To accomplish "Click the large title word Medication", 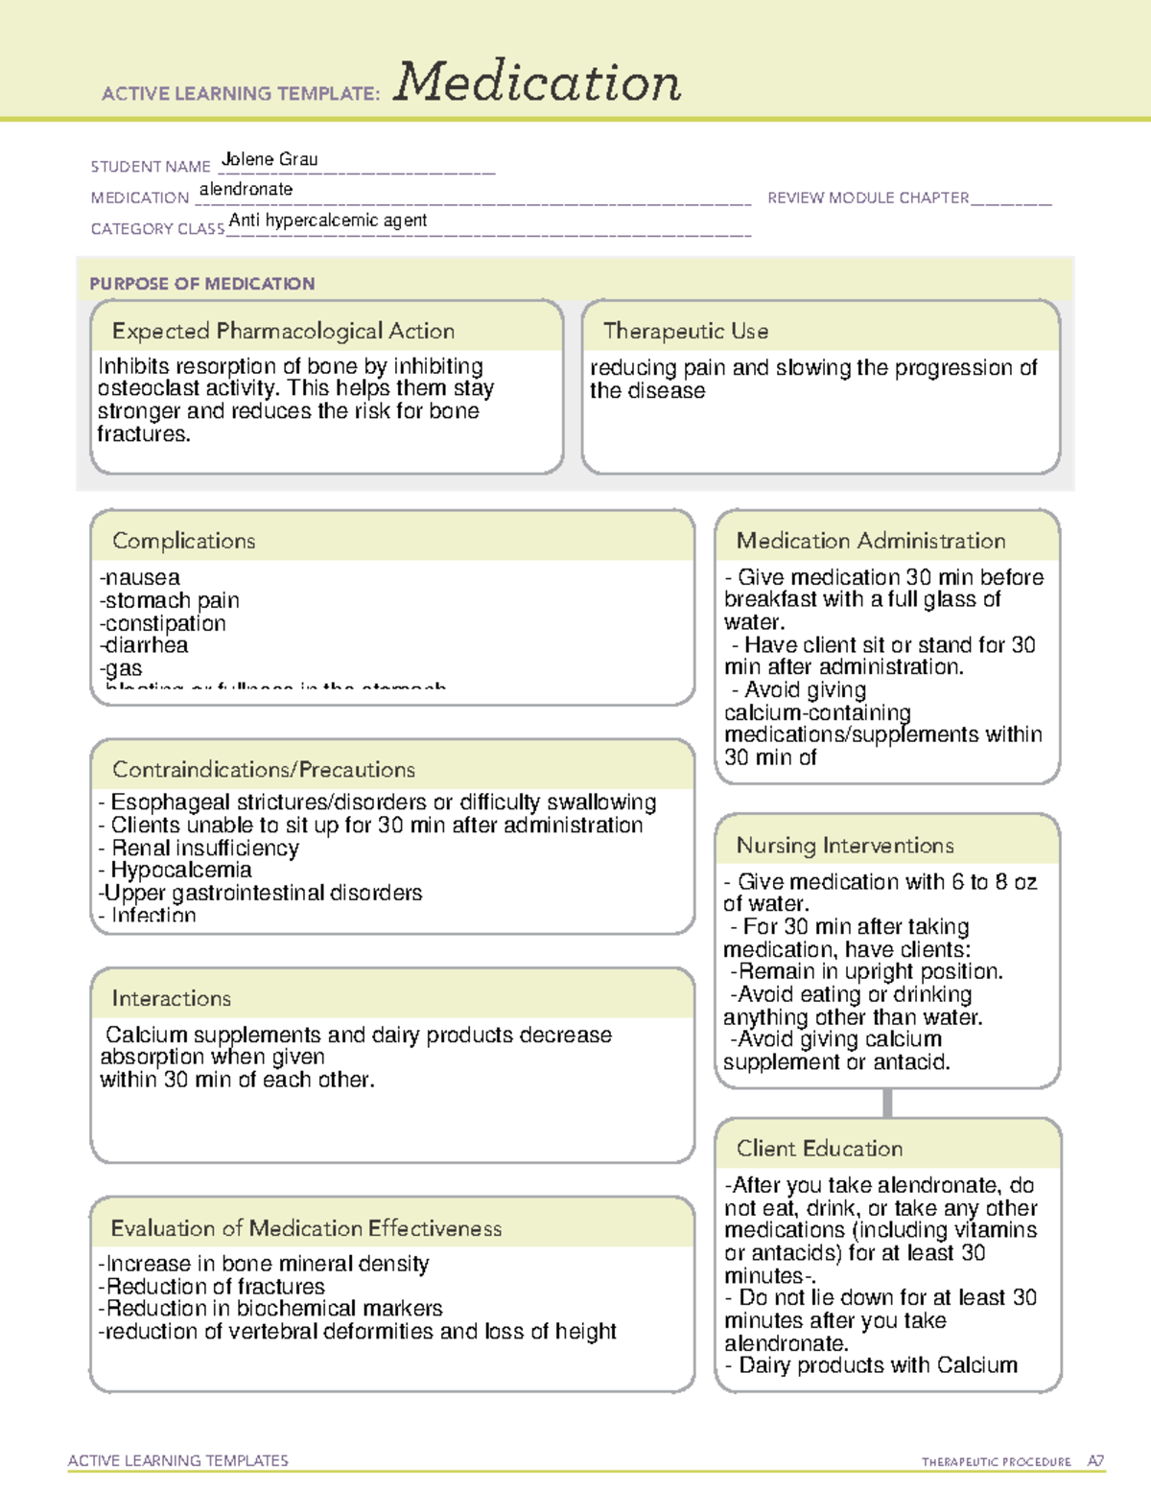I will pos(537,82).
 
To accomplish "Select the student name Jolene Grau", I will pos(270,159).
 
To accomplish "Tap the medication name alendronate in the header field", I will pos(246,190).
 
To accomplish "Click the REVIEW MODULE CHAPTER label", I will pos(867,198).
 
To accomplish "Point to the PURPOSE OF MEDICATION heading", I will pos(201,284).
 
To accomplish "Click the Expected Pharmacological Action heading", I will pos(283,331).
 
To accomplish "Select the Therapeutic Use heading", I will pos(685,331).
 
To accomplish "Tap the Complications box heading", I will pos(183,541).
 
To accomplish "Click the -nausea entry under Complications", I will pos(140,577).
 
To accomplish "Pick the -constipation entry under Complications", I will pos(163,623).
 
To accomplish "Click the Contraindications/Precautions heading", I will pos(263,770).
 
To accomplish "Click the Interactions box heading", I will pos(171,998).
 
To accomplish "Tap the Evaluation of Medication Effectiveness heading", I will pos(306,1228).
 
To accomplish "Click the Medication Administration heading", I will pos(870,541).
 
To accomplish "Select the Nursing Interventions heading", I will pos(844,846).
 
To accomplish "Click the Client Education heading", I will pos(819,1149).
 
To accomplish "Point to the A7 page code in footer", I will pos(1095,1461).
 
